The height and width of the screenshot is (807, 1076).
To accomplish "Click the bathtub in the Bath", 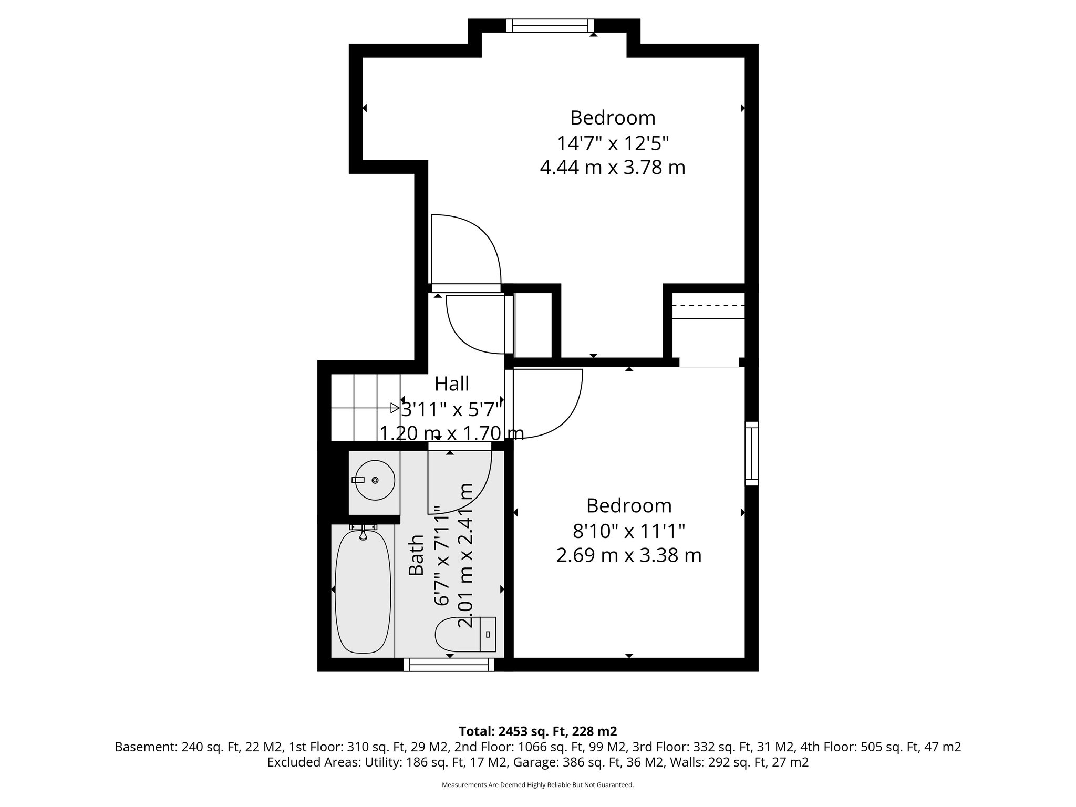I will click(363, 591).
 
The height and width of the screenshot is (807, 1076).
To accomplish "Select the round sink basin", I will click(374, 480).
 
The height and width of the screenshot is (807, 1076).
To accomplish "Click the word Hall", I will click(452, 384).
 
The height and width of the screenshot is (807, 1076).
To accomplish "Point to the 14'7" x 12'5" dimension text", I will click(613, 143).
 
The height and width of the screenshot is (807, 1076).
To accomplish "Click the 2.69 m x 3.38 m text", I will click(629, 555).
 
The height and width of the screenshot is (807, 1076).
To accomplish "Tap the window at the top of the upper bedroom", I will click(550, 26).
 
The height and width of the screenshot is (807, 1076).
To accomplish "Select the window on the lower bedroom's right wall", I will click(752, 453).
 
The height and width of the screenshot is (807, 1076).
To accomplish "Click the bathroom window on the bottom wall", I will click(449, 665).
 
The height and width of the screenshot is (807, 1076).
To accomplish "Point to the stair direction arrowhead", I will click(395, 408).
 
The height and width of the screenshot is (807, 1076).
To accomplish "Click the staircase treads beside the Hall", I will click(363, 408).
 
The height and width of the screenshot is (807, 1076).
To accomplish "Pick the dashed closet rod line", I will click(709, 306).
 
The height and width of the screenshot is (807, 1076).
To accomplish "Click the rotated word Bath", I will click(417, 555).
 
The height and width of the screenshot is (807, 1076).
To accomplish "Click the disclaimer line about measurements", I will click(537, 785).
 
